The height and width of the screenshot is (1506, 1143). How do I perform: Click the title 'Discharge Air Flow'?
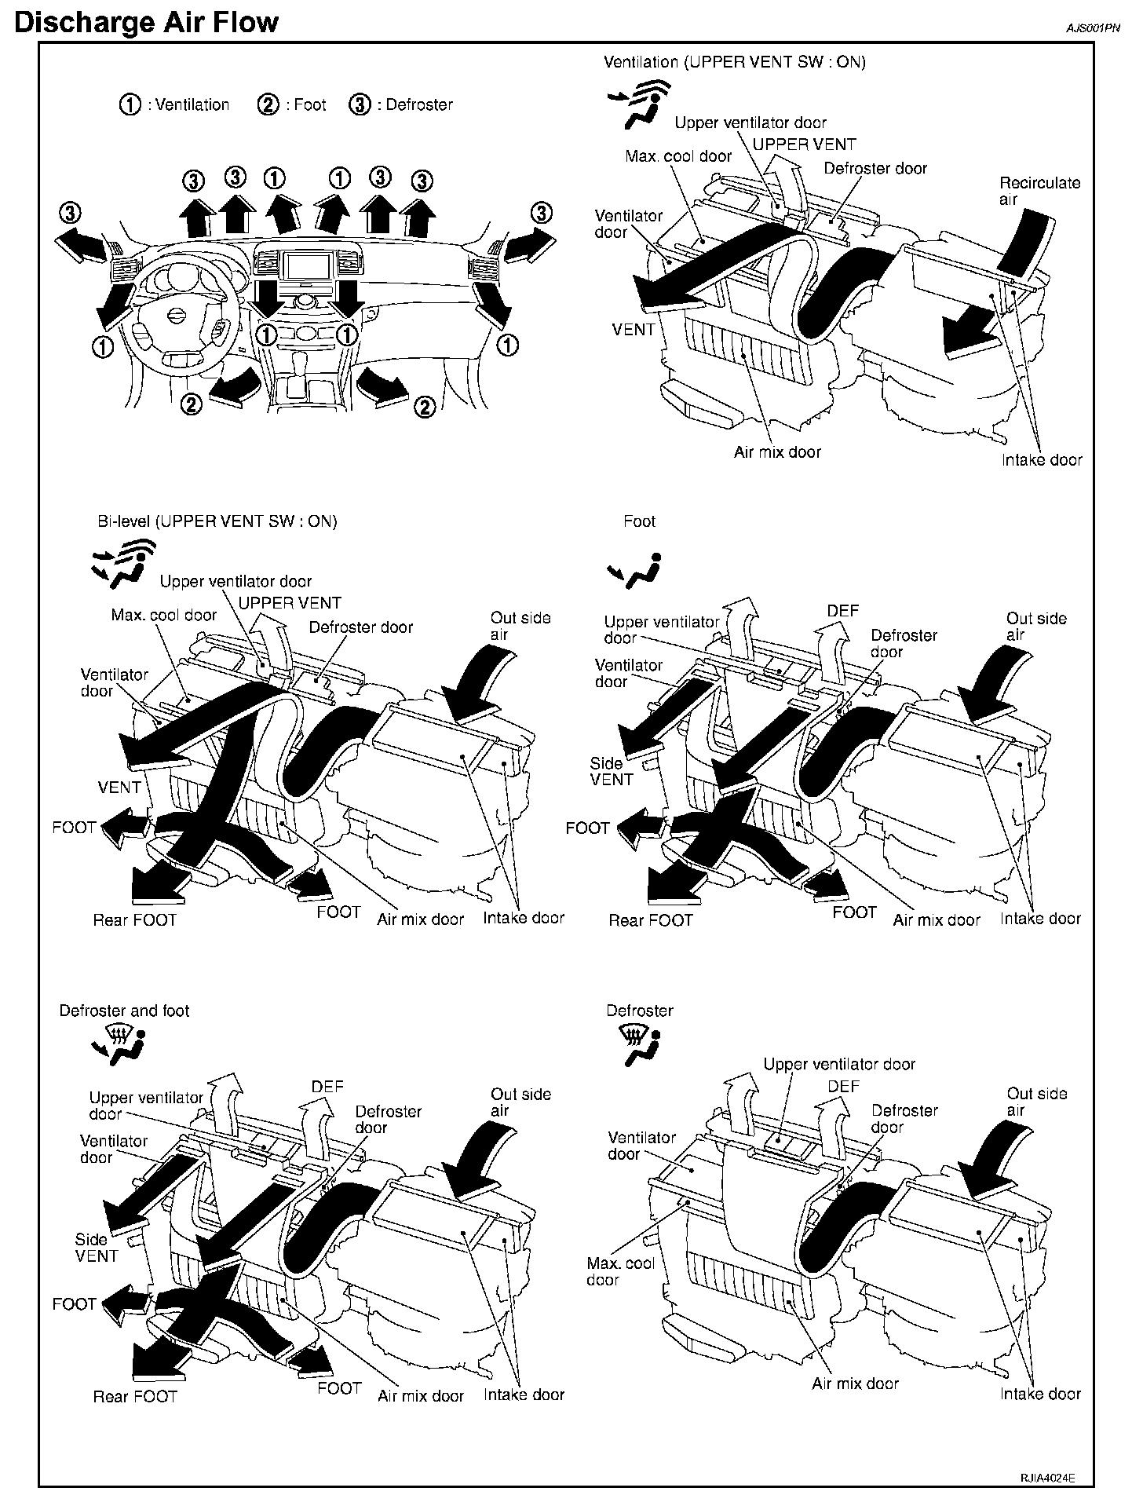coord(146,21)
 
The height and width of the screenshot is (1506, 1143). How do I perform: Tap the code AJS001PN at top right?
coord(1092,27)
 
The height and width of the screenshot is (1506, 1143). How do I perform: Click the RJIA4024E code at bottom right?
coord(1046,1477)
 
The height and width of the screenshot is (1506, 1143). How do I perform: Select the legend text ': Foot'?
coord(305,104)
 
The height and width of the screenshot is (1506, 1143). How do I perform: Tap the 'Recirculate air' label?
coord(1039,191)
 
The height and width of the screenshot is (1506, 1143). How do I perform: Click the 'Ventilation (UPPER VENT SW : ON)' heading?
coord(734,62)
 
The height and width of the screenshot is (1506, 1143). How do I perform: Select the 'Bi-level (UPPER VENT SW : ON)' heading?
coord(217,521)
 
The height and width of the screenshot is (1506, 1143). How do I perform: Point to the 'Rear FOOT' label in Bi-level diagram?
coord(135,919)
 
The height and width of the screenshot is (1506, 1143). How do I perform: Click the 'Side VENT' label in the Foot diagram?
coord(612,771)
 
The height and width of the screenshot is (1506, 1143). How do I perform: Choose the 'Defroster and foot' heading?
coord(124,1011)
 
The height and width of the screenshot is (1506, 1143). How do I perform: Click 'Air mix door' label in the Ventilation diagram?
coord(777,452)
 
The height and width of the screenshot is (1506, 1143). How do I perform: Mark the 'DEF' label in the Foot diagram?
coord(843,610)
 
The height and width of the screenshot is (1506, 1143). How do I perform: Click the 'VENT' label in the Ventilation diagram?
coord(633,330)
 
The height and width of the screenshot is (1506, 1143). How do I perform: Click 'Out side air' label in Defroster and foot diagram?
coord(520,1102)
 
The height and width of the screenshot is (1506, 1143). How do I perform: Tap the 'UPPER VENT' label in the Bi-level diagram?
coord(290,603)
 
